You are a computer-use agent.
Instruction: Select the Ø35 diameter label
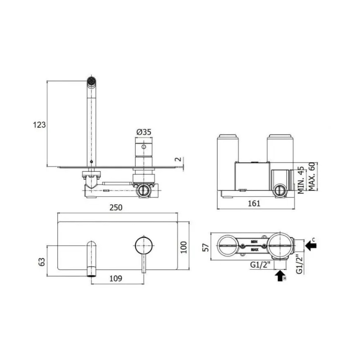[144, 132]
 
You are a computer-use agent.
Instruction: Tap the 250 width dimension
[116, 208]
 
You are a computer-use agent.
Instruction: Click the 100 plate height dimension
[184, 247]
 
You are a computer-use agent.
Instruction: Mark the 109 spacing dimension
[116, 279]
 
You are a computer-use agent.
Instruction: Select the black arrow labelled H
[280, 275]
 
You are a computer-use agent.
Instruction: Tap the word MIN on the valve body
[255, 241]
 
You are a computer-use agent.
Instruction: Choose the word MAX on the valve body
[255, 250]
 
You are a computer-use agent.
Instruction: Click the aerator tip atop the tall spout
[91, 80]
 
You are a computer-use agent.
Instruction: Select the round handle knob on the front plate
[143, 245]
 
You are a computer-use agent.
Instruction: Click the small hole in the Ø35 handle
[144, 147]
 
